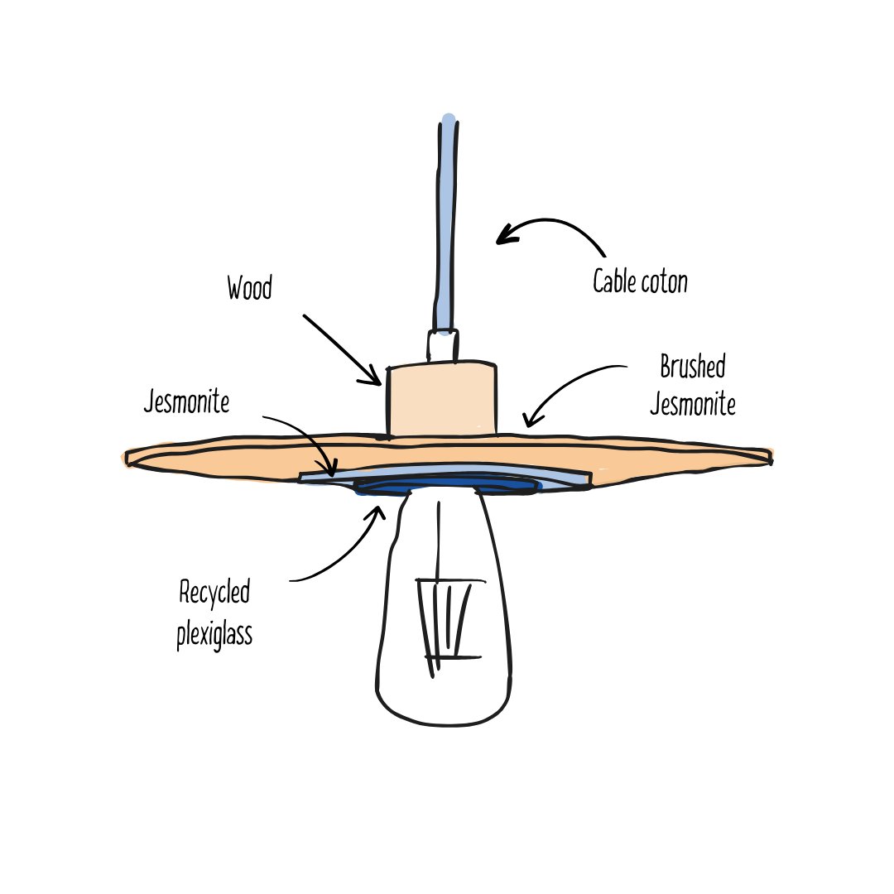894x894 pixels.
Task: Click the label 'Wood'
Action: coord(249,290)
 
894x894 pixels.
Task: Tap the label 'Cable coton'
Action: coord(640,282)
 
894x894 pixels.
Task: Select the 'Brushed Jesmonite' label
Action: coord(693,386)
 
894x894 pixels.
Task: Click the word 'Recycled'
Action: coord(214,594)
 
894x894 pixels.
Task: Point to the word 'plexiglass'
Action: coord(214,635)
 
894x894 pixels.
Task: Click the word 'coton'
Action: coord(664,283)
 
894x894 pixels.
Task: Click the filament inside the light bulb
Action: coord(447,621)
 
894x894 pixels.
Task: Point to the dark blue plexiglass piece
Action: coord(447,486)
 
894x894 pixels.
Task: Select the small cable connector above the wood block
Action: coord(443,344)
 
